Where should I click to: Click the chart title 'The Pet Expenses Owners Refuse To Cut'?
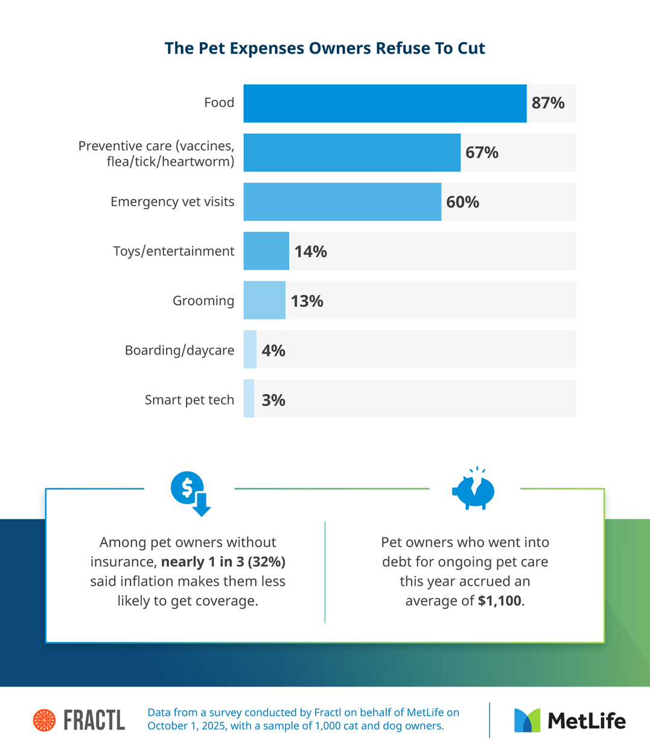[325, 48]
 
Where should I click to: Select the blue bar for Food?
[384, 103]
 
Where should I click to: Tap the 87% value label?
[548, 103]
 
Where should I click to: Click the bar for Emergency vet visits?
[342, 201]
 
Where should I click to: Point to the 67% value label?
[482, 153]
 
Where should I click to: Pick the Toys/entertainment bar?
[266, 251]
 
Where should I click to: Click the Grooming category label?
[203, 300]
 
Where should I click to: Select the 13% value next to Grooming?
[307, 301]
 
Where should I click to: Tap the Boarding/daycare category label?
[179, 350]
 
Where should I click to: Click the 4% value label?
[273, 350]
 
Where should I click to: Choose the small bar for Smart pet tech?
[249, 399]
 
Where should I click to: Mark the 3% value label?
[273, 400]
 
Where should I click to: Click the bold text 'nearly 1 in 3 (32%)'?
[223, 562]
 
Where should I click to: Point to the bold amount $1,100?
[500, 601]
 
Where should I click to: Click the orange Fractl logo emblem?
[44, 720]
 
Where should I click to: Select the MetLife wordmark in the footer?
[586, 721]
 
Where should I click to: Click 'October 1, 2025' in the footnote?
[186, 726]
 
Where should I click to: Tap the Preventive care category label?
[156, 153]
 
